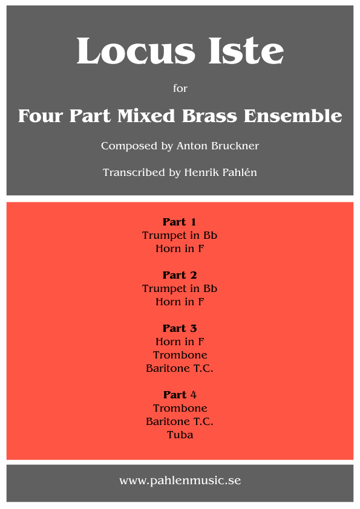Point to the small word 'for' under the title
click(x=180, y=88)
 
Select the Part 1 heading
click(x=180, y=222)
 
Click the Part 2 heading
click(x=180, y=275)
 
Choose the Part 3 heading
click(x=180, y=328)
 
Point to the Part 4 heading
click(x=180, y=395)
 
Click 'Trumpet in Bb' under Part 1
click(x=180, y=235)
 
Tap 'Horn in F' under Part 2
click(x=180, y=302)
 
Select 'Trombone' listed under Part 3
click(x=180, y=355)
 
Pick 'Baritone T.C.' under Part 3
click(x=180, y=368)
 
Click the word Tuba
click(x=180, y=435)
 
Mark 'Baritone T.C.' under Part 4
click(x=180, y=421)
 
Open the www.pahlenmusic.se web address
click(x=180, y=481)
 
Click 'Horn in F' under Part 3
click(x=180, y=342)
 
